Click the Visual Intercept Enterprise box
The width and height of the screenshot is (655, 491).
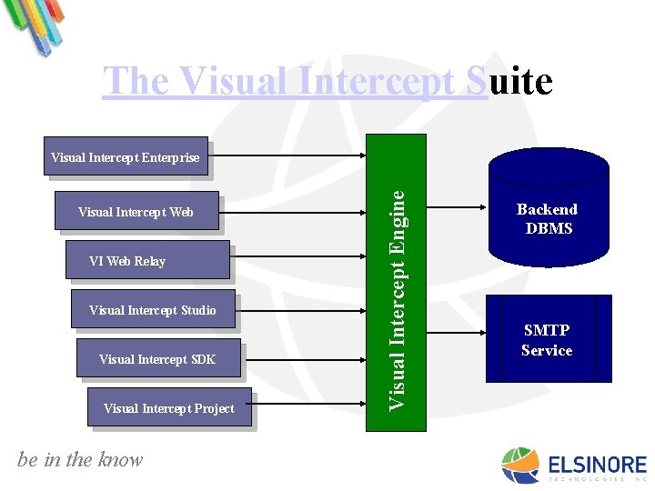pyautogui.click(x=126, y=157)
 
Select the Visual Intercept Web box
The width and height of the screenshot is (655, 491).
pyautogui.click(x=136, y=212)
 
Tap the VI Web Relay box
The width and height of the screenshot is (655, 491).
pyautogui.click(x=146, y=261)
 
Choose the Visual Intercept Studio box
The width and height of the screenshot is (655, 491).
pyautogui.click(x=153, y=310)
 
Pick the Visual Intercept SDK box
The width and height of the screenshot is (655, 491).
pyautogui.click(x=157, y=359)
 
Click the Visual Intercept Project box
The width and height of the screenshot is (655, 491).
pyautogui.click(x=168, y=408)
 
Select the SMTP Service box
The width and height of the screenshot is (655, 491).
pyautogui.click(x=548, y=339)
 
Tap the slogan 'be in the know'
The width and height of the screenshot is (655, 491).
pyautogui.click(x=80, y=460)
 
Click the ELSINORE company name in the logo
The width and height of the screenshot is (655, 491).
pyautogui.click(x=597, y=464)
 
